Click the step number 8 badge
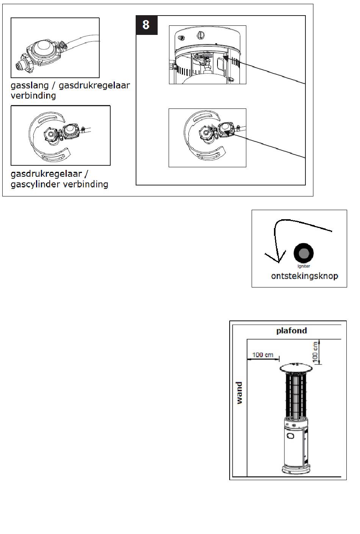(x=146, y=25)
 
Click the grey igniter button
(x=304, y=253)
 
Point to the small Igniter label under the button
(x=304, y=266)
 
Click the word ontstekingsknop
(x=304, y=276)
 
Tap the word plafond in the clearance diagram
(x=291, y=330)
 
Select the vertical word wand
(x=239, y=393)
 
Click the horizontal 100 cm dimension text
(x=263, y=355)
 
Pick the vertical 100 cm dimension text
(x=315, y=352)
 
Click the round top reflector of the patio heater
(x=297, y=368)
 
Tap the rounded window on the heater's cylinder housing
(x=291, y=436)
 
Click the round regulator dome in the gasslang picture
(x=41, y=48)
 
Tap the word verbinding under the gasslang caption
(x=33, y=96)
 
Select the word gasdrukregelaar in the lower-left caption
(x=46, y=174)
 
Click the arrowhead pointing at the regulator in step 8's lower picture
(x=227, y=133)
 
